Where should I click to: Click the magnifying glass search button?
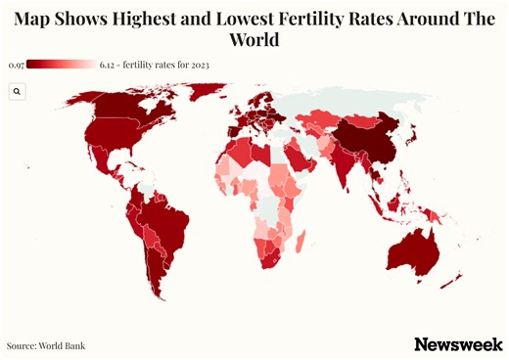click(18, 91)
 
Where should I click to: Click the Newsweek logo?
click(458, 344)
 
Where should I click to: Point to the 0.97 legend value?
click(15, 65)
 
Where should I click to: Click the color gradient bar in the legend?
click(61, 65)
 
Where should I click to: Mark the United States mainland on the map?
click(113, 143)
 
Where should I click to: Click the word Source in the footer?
click(21, 345)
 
